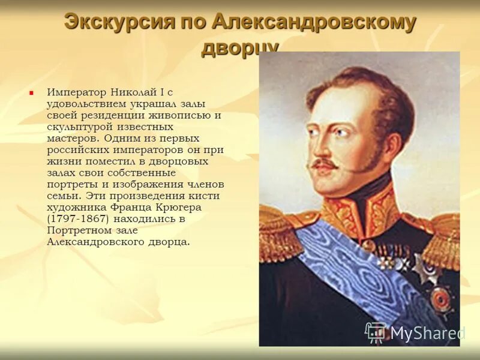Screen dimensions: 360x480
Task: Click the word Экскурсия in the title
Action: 111,22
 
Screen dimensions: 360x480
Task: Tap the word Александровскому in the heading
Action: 313,22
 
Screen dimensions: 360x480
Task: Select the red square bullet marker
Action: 31,94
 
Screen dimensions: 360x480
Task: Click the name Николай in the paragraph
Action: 133,93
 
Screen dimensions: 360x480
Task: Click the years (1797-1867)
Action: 77,218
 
